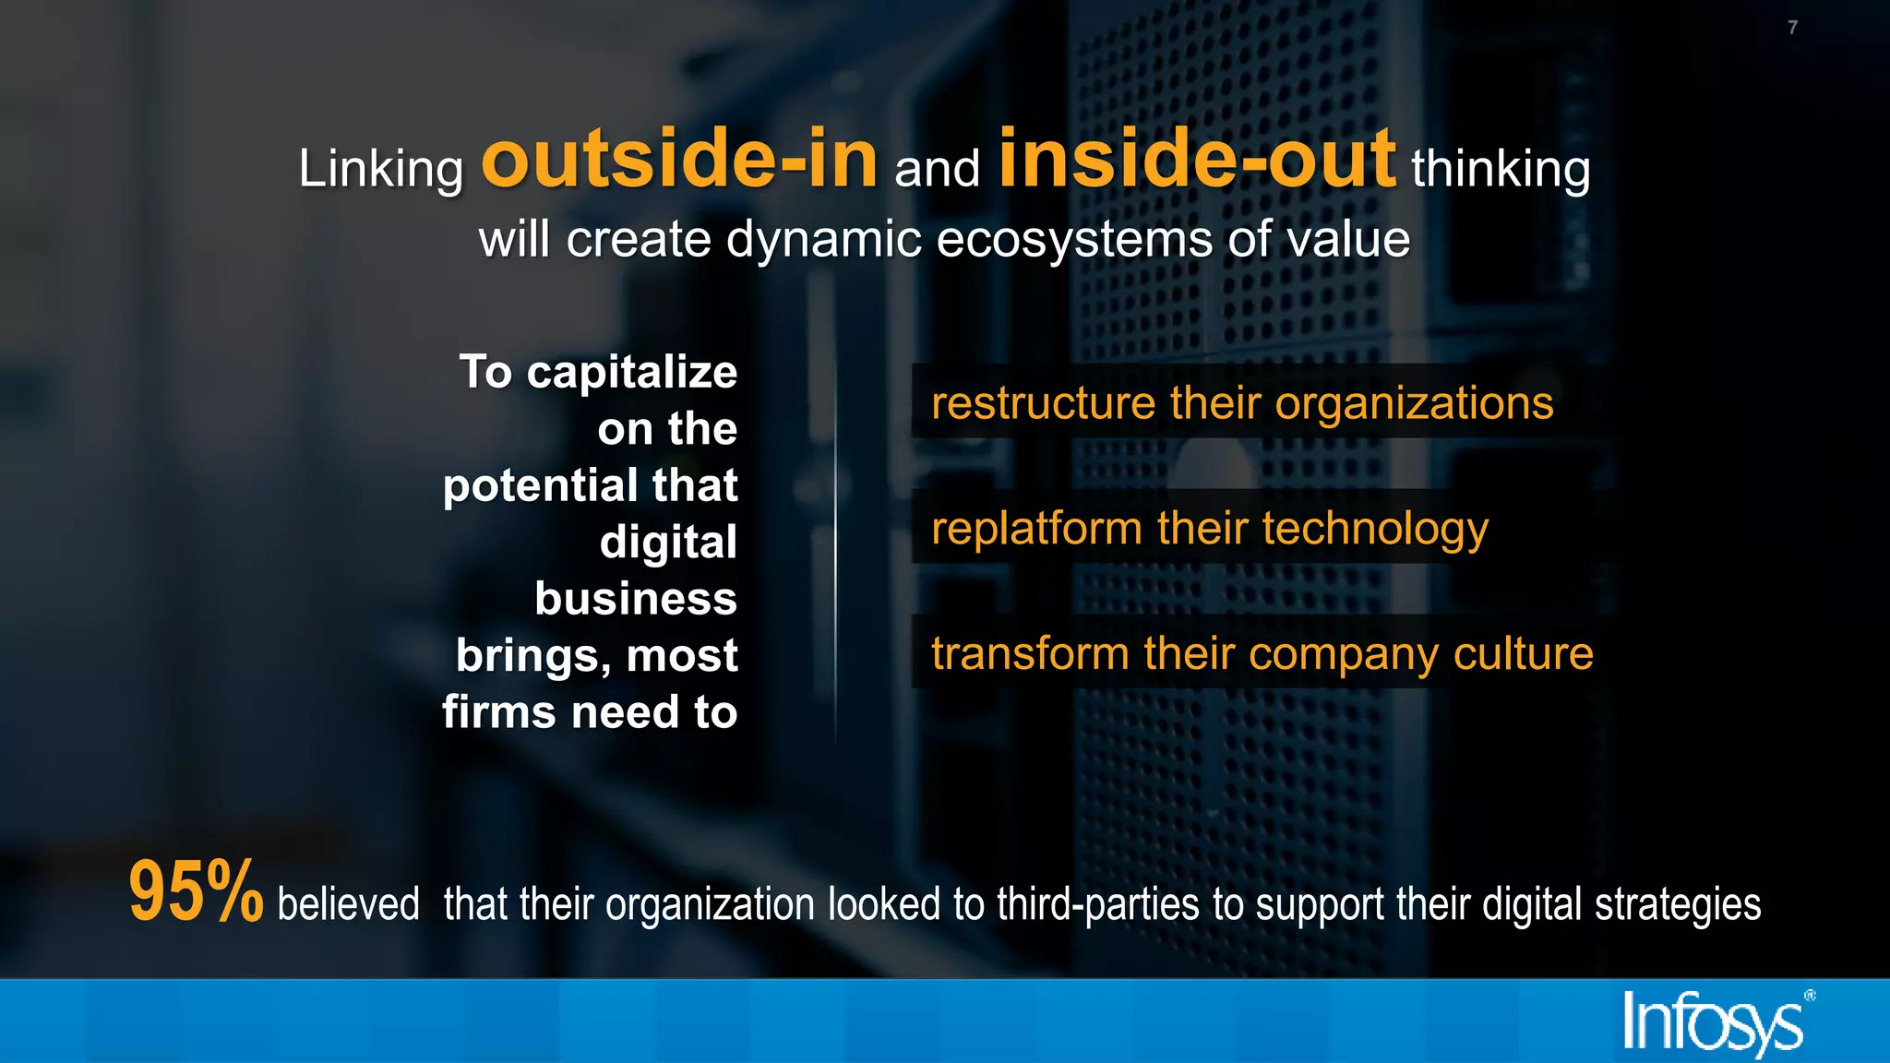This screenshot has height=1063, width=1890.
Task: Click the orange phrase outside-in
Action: click(x=679, y=160)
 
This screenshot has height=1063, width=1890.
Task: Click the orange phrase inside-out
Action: click(x=1197, y=160)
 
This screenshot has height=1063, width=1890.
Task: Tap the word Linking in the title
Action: click(x=380, y=170)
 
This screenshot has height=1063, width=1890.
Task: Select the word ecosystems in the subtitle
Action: click(x=1073, y=240)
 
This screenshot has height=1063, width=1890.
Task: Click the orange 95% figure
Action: click(x=196, y=891)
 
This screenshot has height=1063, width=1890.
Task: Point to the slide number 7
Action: click(x=1792, y=28)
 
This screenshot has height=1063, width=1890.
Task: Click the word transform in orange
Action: click(x=1030, y=653)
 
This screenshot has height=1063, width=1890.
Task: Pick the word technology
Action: click(x=1375, y=530)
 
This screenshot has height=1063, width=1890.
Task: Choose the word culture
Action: click(x=1523, y=653)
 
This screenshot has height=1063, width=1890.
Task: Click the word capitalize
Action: click(x=631, y=373)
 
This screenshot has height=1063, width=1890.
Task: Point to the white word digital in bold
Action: click(x=668, y=542)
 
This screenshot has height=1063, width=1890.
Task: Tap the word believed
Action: click(x=348, y=904)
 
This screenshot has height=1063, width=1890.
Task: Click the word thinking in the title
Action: click(x=1501, y=170)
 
